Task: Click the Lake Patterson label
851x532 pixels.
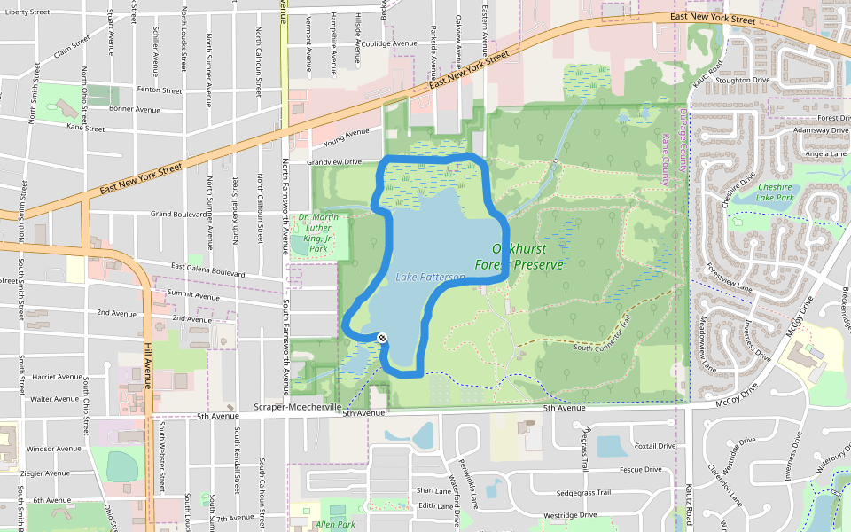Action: click(x=430, y=278)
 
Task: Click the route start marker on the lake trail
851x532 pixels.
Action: click(x=382, y=338)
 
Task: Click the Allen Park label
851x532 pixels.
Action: click(x=335, y=525)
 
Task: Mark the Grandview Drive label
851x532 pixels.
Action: click(x=334, y=162)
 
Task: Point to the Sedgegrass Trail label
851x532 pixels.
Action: click(x=583, y=492)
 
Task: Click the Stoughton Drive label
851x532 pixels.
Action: click(x=741, y=80)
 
